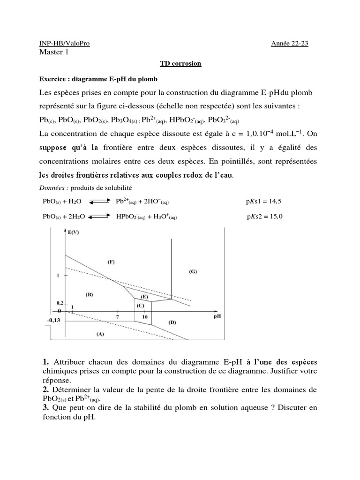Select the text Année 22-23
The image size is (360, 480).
(290, 44)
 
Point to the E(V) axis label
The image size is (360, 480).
(74, 232)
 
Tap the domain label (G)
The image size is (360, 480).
(192, 271)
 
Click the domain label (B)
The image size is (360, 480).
(90, 294)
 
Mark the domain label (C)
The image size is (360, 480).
(140, 306)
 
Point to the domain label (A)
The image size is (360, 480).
(99, 334)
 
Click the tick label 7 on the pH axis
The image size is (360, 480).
(117, 317)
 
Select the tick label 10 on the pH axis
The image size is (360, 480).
(145, 317)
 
